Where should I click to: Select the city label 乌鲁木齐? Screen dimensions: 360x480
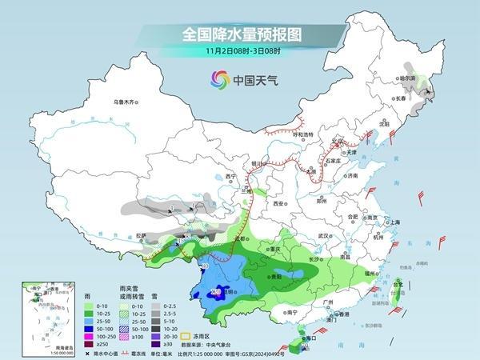(125, 102)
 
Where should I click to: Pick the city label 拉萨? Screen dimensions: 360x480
(142, 236)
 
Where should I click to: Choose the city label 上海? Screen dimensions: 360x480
(394, 222)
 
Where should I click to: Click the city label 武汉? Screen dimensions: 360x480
(324, 237)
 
